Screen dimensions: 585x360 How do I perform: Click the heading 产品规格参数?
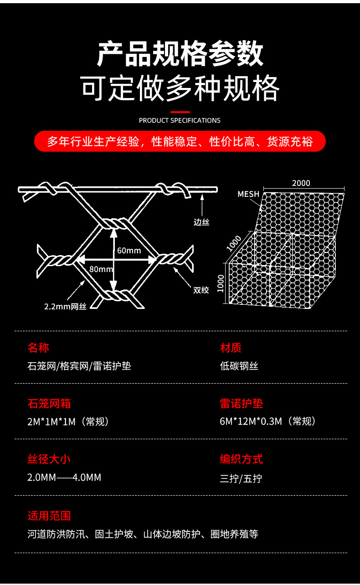(180, 54)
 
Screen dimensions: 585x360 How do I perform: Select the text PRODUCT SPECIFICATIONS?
(180, 121)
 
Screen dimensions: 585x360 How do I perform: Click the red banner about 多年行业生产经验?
(180, 141)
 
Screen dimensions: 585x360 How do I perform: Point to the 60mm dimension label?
(129, 251)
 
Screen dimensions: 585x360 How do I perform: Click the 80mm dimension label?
(101, 269)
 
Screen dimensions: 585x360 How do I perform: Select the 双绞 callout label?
(201, 290)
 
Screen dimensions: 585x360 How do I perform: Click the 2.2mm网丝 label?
(65, 307)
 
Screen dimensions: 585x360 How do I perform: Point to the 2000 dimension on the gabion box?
(301, 183)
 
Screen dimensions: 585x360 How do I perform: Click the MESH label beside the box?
(248, 194)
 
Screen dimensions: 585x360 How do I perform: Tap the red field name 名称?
(38, 348)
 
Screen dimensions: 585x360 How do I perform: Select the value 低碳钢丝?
(239, 366)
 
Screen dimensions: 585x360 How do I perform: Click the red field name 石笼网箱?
(49, 404)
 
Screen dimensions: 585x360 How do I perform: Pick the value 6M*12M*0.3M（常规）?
(267, 421)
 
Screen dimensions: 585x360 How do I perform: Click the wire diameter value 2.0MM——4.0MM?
(64, 477)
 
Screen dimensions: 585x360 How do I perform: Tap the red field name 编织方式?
(241, 459)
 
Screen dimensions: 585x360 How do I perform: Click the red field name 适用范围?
(49, 516)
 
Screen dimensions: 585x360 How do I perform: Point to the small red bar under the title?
(180, 112)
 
